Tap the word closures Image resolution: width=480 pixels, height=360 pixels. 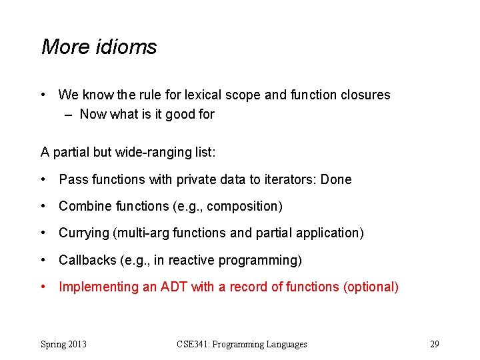[x=364, y=95]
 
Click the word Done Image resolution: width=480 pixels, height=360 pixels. [x=336, y=179]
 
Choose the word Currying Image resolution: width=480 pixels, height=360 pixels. [x=83, y=233]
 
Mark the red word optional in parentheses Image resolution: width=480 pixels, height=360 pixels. [x=373, y=287]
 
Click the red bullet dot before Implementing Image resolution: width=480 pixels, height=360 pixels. [x=43, y=287]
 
